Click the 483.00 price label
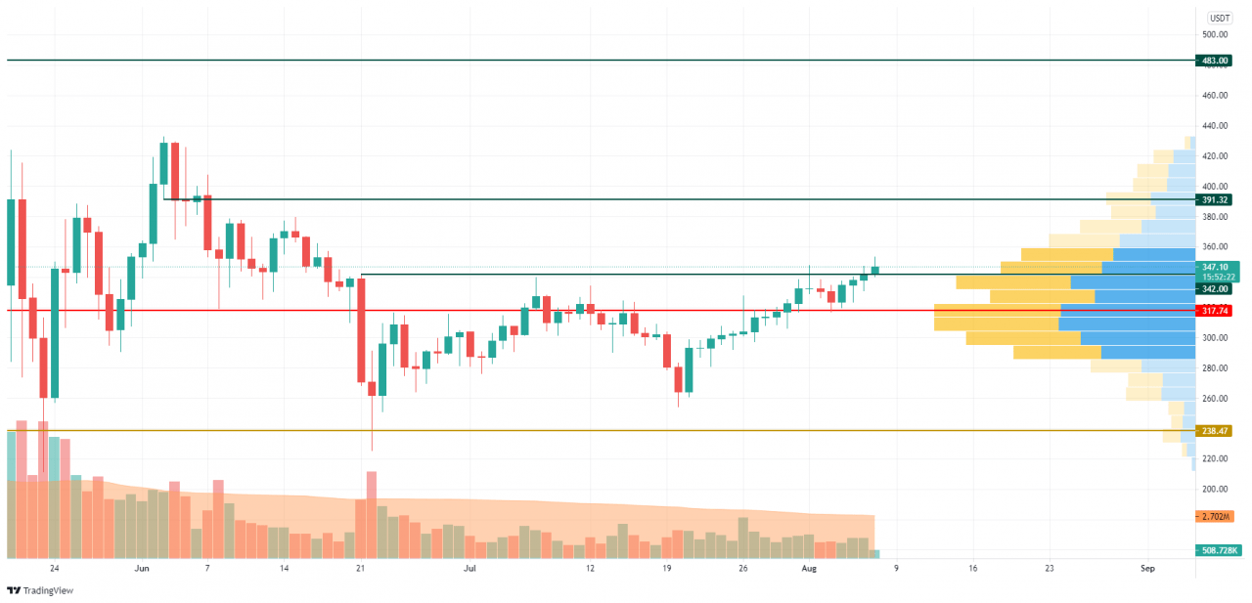tap(1215, 61)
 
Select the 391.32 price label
tap(1215, 199)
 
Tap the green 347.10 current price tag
tap(1216, 266)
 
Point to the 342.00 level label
tap(1215, 289)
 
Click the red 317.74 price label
tap(1215, 311)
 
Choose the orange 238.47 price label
tap(1215, 430)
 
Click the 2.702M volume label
tap(1215, 516)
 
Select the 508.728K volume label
tap(1219, 550)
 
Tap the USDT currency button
tap(1220, 18)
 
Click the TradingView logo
tap(40, 590)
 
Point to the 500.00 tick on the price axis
tap(1215, 34)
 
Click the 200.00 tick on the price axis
tap(1215, 489)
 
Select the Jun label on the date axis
tap(142, 568)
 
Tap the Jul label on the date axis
tap(469, 568)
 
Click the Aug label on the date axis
tap(808, 568)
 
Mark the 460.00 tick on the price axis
tap(1215, 96)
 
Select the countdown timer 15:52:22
tap(1216, 277)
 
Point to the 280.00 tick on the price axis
tap(1215, 368)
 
